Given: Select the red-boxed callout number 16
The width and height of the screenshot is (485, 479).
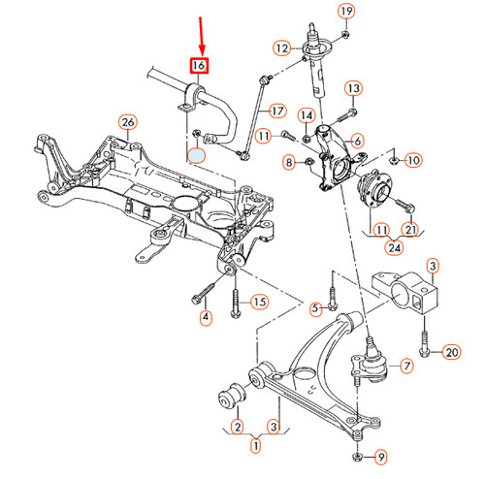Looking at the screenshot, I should point(199,66).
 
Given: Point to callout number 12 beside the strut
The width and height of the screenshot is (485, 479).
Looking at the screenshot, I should point(281,48).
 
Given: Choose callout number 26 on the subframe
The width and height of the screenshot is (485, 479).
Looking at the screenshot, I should point(126,121).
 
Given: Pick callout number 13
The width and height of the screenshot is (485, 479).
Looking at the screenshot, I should point(352,89).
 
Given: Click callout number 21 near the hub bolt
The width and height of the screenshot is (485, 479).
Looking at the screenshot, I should point(411,229).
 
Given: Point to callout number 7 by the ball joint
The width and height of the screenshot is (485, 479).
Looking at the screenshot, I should point(406,366).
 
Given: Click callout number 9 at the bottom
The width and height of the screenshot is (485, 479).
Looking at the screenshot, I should point(380,456).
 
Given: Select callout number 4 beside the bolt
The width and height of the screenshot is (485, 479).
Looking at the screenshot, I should point(206,317).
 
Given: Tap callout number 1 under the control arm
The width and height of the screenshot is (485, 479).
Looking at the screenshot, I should point(256,446).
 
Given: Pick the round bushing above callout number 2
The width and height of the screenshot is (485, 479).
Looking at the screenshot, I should point(234,396).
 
